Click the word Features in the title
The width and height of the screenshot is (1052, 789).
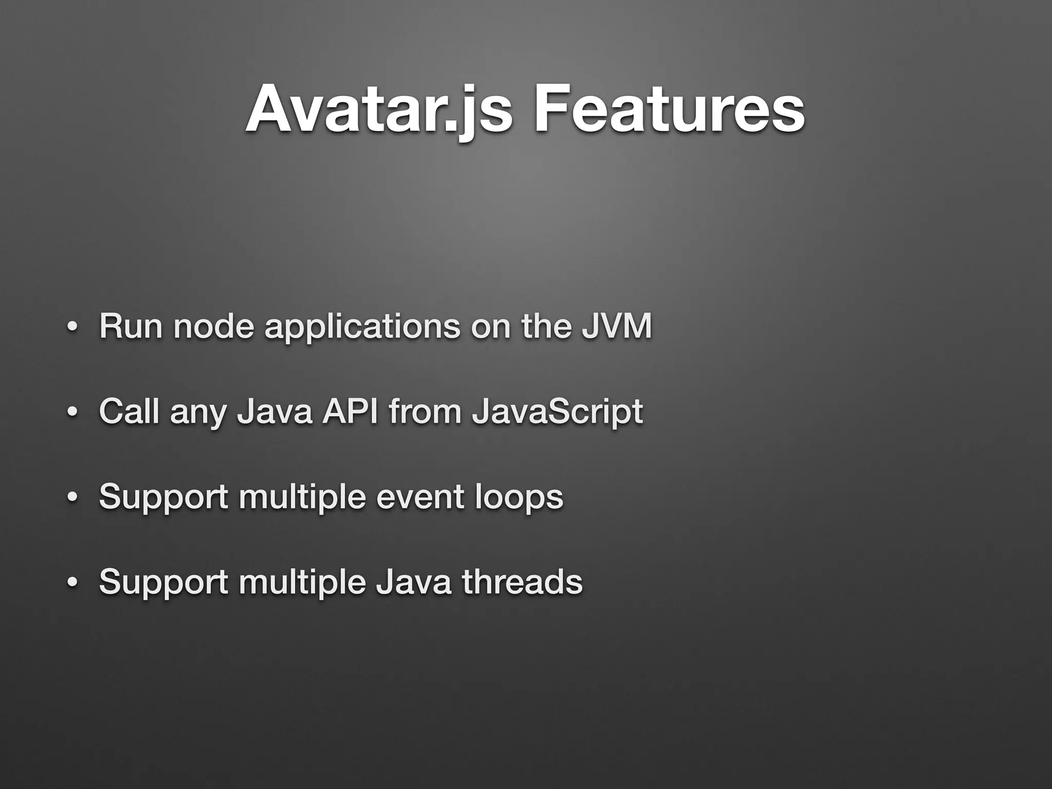[x=668, y=109]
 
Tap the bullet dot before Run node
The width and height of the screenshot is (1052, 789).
[x=72, y=328]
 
